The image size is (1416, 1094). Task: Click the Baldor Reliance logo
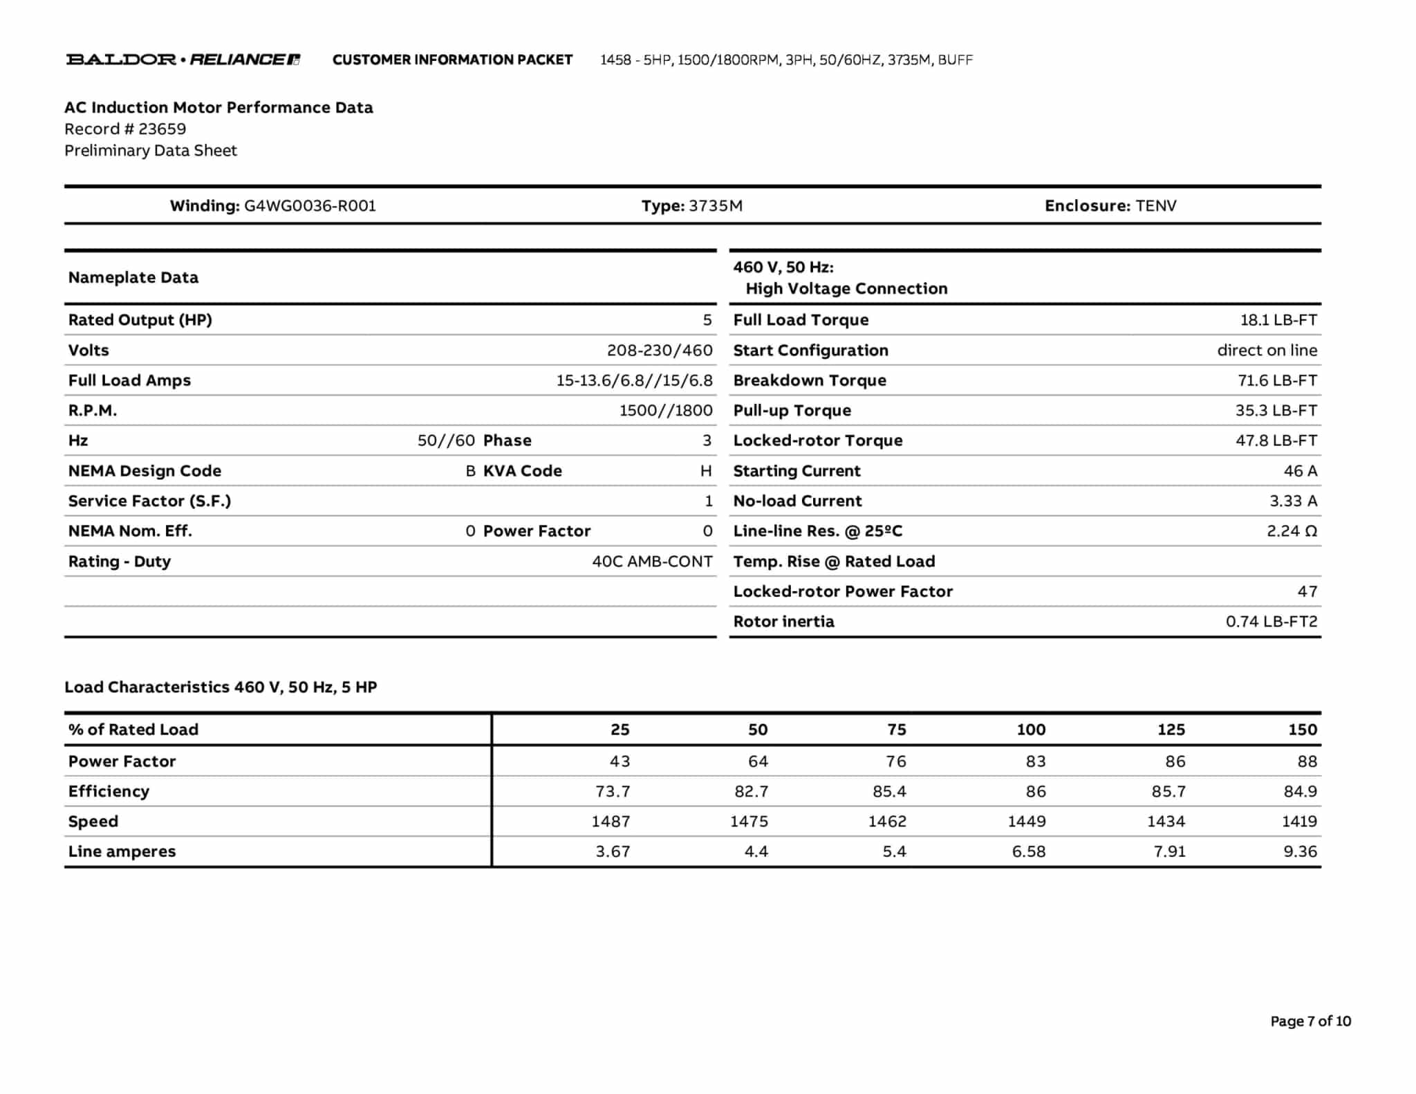(x=183, y=59)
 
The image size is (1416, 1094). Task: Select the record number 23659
(x=162, y=129)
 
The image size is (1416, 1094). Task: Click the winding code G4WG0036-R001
(x=310, y=206)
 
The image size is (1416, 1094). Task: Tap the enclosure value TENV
(x=1155, y=206)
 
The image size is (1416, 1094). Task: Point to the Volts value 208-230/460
(x=659, y=351)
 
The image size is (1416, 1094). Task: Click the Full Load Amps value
(x=633, y=381)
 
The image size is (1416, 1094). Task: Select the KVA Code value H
(x=705, y=472)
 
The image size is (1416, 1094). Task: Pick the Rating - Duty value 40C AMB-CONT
(x=651, y=562)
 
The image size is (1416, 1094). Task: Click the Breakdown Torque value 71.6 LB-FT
(x=1276, y=381)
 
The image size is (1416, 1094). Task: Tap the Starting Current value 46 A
(x=1300, y=472)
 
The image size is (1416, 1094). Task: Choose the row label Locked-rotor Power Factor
(x=842, y=592)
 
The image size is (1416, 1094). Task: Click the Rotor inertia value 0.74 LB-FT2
(x=1271, y=622)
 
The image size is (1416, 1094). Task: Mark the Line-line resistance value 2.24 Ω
(x=1291, y=532)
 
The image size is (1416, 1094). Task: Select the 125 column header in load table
(x=1171, y=730)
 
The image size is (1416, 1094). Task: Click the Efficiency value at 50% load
(x=751, y=792)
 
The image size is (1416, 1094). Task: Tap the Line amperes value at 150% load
(x=1300, y=852)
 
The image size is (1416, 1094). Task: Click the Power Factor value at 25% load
(x=619, y=761)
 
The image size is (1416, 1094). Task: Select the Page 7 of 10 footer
(x=1310, y=1021)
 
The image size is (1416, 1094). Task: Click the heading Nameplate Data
(x=133, y=278)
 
